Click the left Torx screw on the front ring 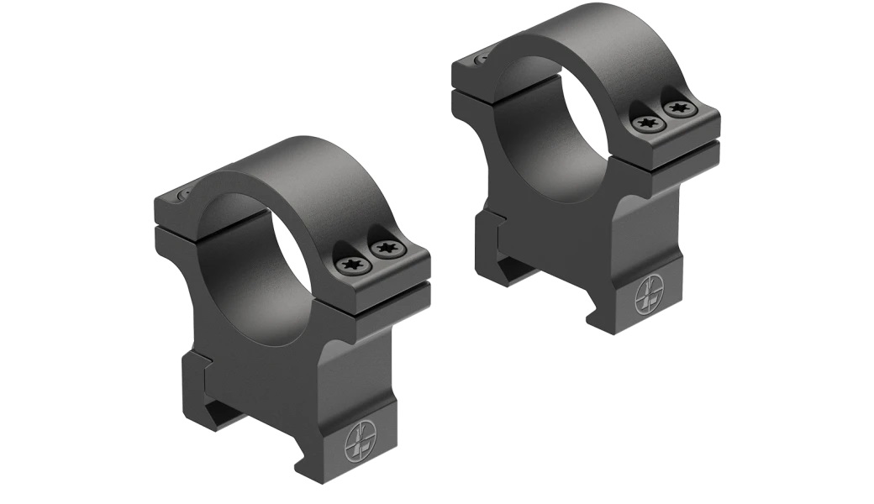(x=350, y=265)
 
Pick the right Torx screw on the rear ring (x=678, y=108)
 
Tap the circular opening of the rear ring (x=555, y=126)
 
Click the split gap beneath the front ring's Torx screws (x=378, y=290)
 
